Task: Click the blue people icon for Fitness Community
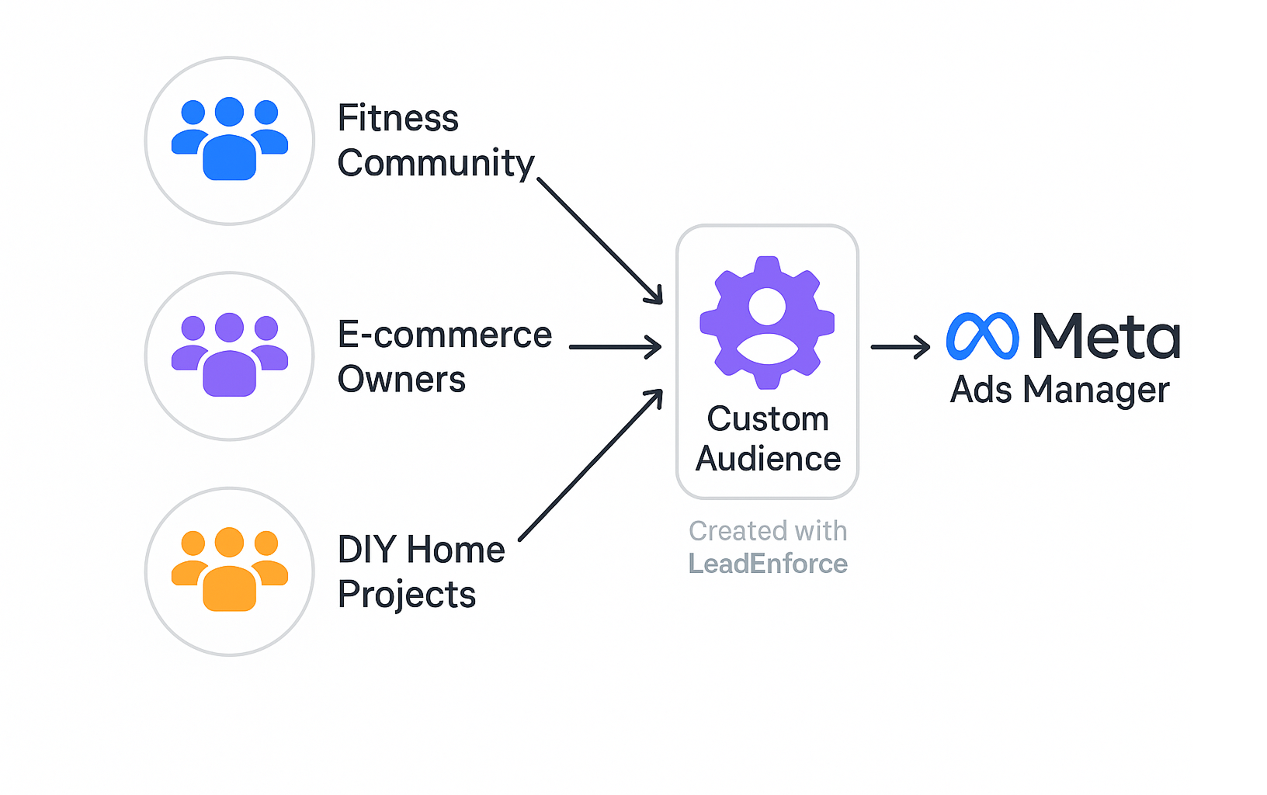pos(230,140)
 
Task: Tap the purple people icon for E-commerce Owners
pos(230,356)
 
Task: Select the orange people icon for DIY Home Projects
pos(230,571)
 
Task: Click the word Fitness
pos(398,119)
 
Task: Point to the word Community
pos(436,164)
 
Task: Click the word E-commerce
pos(445,335)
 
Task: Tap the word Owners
pos(401,380)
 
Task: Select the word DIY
pos(367,550)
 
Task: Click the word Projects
pos(407,595)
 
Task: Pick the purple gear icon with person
pos(767,322)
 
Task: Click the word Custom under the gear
pos(768,419)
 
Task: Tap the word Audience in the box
pos(768,459)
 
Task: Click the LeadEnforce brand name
pos(768,564)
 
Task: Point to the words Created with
pos(768,531)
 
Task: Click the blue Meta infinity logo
pos(982,336)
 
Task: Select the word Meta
pos(1106,336)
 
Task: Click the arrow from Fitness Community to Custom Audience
pos(599,241)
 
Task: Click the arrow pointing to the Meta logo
pos(901,347)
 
